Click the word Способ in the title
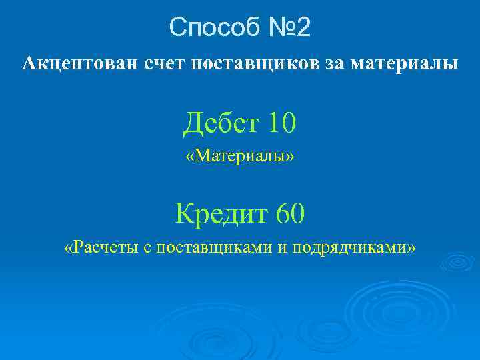pyautogui.click(x=210, y=27)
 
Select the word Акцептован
pyautogui.click(x=71, y=64)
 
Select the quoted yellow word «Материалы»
pyautogui.click(x=240, y=157)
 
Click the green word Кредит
pyautogui.click(x=217, y=214)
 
